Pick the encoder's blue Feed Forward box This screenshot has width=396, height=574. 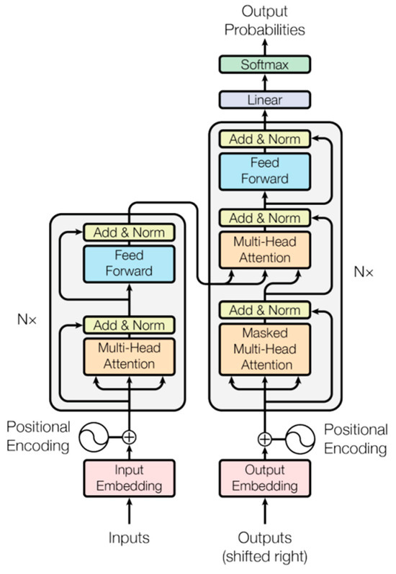(x=130, y=263)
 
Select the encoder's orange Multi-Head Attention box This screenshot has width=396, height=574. (x=130, y=355)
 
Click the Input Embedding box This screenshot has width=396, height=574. (x=130, y=478)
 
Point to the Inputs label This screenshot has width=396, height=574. (x=130, y=537)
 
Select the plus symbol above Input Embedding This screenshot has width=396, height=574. (x=130, y=436)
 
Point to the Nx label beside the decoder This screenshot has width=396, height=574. (x=364, y=273)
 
